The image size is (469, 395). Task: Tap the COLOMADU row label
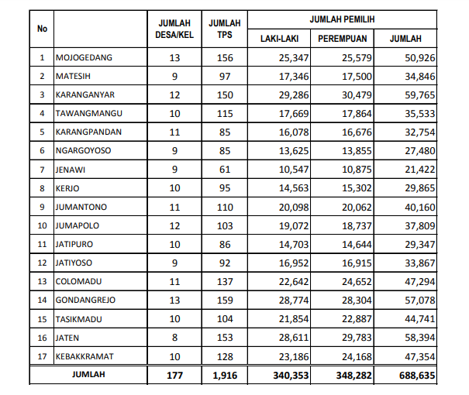[x=77, y=281]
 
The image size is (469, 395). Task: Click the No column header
[x=42, y=29]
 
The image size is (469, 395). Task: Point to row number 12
[x=42, y=263]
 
